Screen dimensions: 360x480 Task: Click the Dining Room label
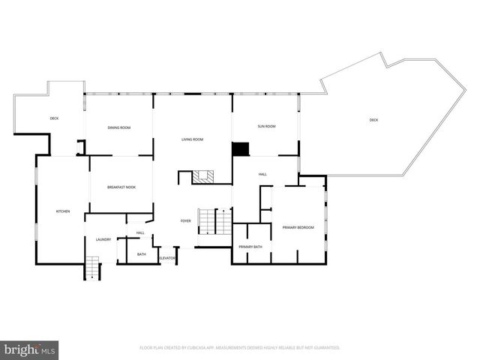[x=119, y=128]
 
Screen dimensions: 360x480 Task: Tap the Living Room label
[x=193, y=139]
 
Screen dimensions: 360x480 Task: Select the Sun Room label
[x=266, y=127]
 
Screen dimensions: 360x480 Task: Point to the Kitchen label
[x=63, y=211]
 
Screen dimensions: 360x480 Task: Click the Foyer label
[x=185, y=220]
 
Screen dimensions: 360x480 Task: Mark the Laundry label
[x=103, y=240]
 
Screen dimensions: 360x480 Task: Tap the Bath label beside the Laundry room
[x=142, y=255]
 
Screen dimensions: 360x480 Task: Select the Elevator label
[x=166, y=258]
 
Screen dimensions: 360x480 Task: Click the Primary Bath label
[x=250, y=247]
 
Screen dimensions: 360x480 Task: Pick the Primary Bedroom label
[x=298, y=227]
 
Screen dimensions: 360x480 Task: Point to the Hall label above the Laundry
[x=140, y=233]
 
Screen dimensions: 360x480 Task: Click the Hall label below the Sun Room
[x=262, y=174]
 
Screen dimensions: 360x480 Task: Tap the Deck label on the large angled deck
[x=373, y=121]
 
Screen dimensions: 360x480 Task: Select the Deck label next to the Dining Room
[x=54, y=118]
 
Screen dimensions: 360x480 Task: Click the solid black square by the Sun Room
[x=240, y=148]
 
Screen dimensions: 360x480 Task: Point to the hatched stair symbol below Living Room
[x=203, y=177]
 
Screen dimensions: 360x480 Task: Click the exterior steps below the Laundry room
[x=91, y=267]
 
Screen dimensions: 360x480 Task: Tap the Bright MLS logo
[x=29, y=349]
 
